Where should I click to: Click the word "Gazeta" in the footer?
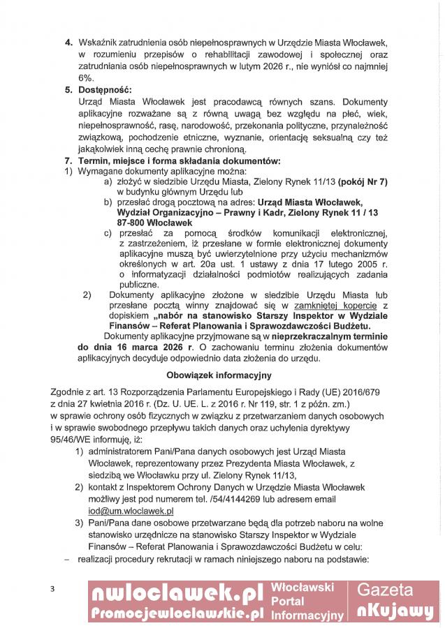click(x=395, y=591)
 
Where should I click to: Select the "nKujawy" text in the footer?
click(x=395, y=611)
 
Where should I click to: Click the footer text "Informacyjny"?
click(x=307, y=615)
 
